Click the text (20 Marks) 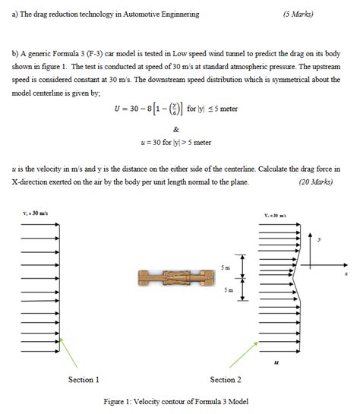[314, 182]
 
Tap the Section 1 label [84, 379]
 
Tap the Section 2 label [226, 379]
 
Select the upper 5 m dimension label [223, 267]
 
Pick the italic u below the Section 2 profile [276, 362]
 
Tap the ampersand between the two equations [176, 128]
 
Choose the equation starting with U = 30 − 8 [176, 109]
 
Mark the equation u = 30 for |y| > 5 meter [175, 142]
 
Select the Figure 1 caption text [175, 402]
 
